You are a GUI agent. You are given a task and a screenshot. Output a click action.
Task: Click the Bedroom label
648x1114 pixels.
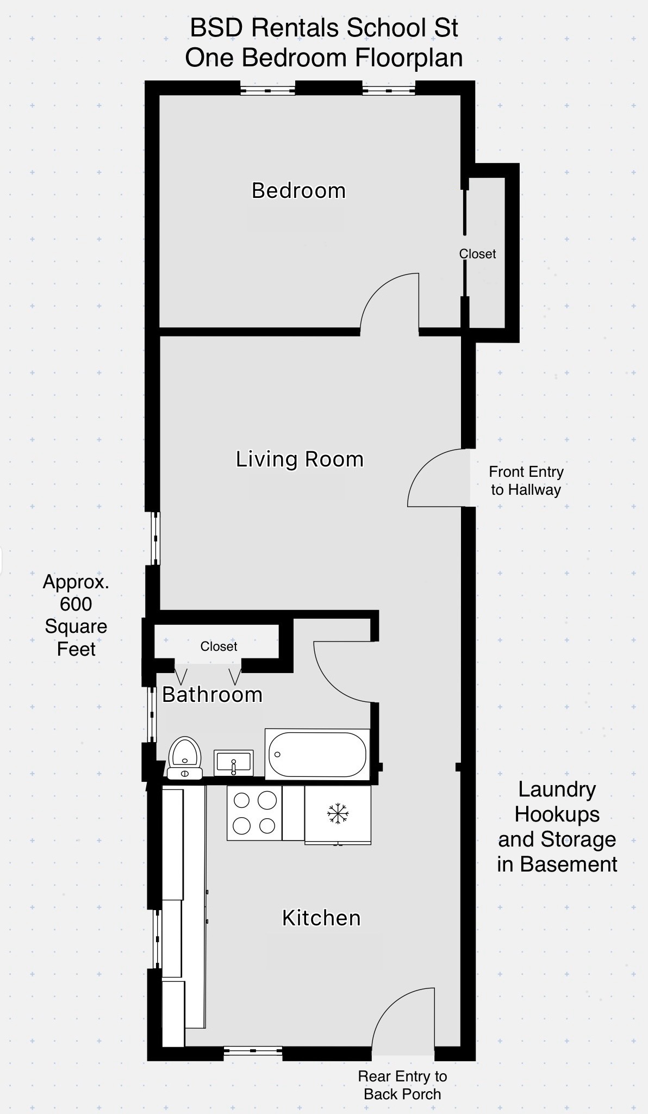(298, 191)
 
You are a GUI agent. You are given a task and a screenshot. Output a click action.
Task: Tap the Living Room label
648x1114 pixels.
(300, 459)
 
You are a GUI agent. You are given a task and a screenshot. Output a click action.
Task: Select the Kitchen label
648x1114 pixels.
(321, 918)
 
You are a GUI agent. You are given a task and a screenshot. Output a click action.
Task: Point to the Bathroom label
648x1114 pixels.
(212, 695)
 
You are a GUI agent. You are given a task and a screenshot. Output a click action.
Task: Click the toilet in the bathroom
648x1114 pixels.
(185, 757)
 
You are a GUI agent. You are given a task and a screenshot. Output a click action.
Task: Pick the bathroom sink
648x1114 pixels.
(234, 763)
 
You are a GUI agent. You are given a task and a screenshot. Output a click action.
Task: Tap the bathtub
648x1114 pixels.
(317, 755)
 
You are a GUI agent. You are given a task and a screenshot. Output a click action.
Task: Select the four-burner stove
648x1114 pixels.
(254, 813)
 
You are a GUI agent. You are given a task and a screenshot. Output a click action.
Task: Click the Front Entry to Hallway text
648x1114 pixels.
(526, 481)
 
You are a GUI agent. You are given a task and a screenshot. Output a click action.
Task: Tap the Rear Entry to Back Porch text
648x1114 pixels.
(402, 1085)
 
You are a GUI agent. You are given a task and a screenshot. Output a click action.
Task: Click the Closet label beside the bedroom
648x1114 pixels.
(477, 254)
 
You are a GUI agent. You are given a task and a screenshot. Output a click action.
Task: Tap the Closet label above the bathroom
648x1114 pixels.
(219, 646)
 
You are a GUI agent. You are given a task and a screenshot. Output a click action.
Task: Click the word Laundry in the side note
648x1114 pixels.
(557, 789)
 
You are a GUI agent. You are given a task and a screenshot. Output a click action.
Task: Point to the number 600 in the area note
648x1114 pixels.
(76, 604)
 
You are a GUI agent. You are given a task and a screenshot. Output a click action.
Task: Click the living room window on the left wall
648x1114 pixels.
(156, 538)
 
